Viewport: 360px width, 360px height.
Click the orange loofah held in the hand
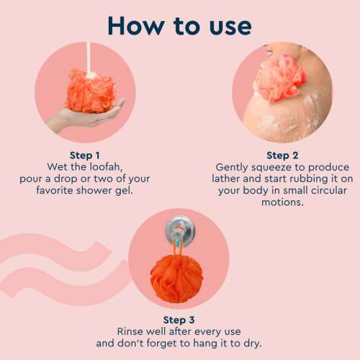point(91,89)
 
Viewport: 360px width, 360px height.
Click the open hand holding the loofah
point(79,115)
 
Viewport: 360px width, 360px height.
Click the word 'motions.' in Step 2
point(282,202)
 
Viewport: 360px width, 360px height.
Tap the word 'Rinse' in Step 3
point(132,330)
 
